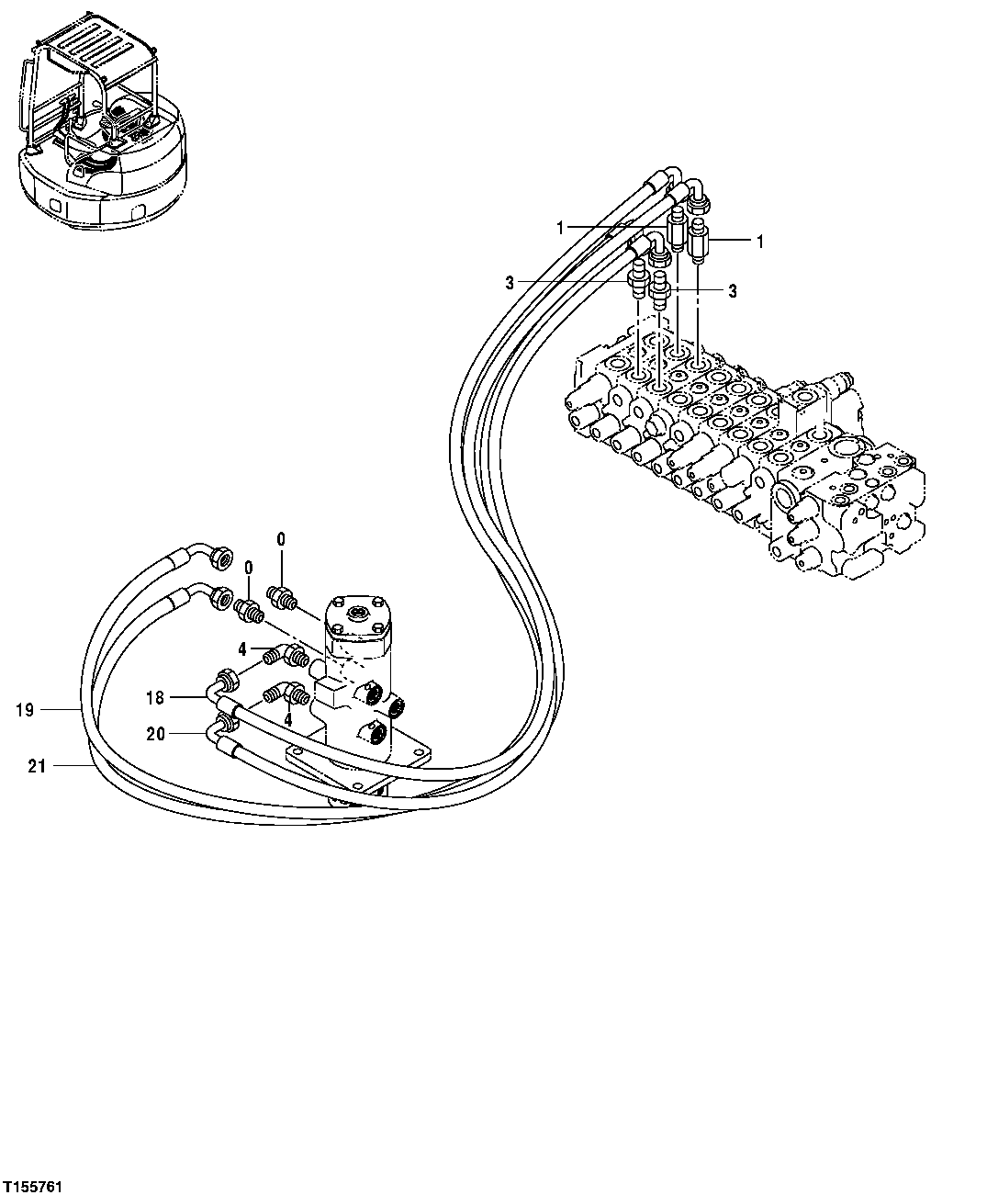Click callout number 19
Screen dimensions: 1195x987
pos(25,709)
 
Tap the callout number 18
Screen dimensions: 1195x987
pos(155,697)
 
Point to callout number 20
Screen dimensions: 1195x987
pos(155,733)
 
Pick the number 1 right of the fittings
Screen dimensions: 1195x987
pos(759,241)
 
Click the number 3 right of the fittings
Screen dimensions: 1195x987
pos(733,290)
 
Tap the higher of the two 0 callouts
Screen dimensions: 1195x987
pos(281,539)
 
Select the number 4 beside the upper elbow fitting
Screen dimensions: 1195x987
pos(241,648)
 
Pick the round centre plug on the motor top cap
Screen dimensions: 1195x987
pos(358,612)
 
